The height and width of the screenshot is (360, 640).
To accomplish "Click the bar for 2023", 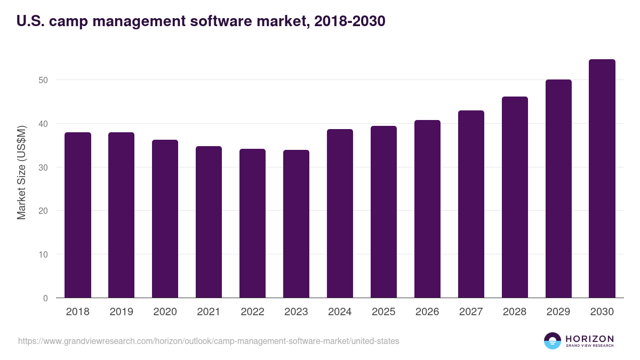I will (297, 224).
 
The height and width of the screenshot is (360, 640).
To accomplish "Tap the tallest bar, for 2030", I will (602, 179).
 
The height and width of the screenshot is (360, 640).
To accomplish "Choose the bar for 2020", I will (165, 219).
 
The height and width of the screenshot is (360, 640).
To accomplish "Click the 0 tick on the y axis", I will (45, 298).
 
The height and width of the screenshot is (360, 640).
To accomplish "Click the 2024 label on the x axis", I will (340, 312).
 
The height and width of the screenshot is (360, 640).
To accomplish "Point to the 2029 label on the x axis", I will (558, 312).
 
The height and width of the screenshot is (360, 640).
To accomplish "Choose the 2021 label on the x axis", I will (209, 312).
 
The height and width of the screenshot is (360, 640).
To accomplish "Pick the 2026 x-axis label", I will (427, 312).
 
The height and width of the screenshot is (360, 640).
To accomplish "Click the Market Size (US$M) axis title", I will (21, 172).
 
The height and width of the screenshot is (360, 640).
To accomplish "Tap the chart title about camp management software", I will (201, 21).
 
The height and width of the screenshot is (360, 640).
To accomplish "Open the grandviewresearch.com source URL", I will (209, 341).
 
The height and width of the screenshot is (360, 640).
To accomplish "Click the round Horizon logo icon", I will (553, 341).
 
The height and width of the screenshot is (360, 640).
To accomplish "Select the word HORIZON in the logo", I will (589, 339).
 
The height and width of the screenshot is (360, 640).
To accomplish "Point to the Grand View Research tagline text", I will (589, 346).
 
